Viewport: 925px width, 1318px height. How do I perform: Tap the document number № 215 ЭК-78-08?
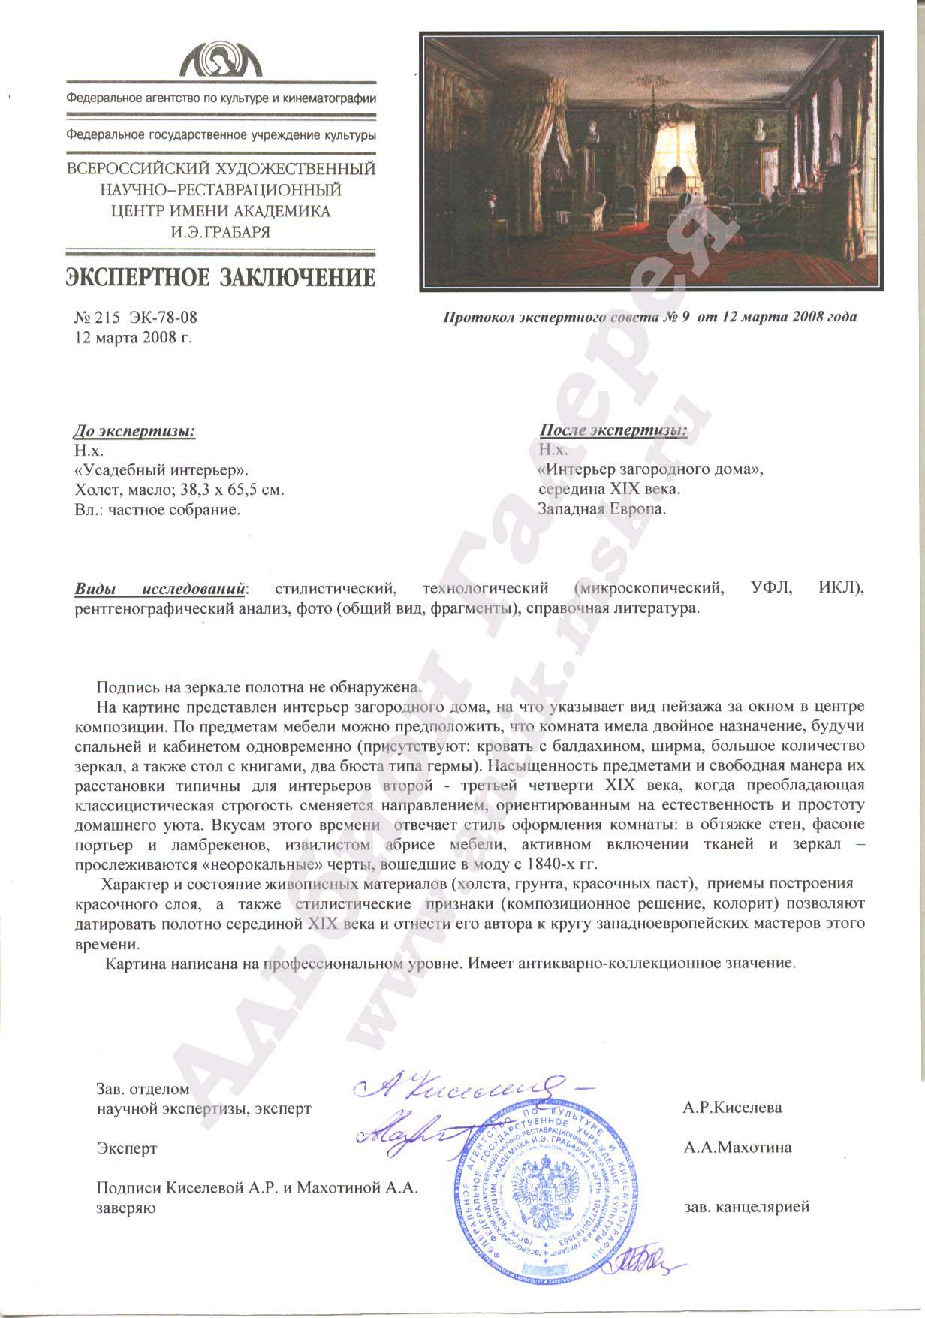136,318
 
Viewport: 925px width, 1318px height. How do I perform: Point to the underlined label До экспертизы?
134,431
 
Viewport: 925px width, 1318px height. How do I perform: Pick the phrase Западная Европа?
602,508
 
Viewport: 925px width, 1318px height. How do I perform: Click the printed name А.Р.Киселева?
733,1108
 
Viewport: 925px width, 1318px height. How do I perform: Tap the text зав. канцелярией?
747,1208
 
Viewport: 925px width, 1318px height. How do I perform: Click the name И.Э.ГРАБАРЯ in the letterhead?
221,232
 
